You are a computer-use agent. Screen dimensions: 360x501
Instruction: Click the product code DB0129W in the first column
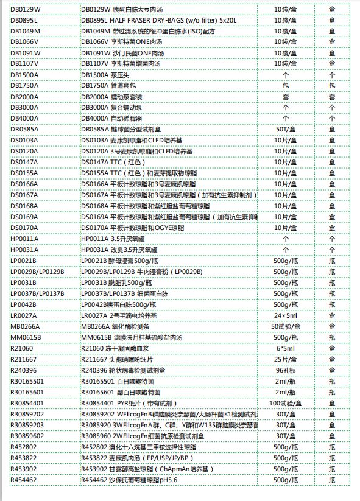25,9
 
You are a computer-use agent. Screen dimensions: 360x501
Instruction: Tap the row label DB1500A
25,75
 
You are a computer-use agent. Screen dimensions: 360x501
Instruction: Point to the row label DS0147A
24,163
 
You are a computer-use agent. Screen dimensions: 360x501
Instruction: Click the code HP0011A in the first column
24,239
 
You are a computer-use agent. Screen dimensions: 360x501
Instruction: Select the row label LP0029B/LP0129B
37,272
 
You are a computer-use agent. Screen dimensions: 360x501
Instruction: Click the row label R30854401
27,404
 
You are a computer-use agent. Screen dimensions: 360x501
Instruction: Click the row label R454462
24,480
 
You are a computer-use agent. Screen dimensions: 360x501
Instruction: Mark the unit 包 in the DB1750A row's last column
332,86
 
